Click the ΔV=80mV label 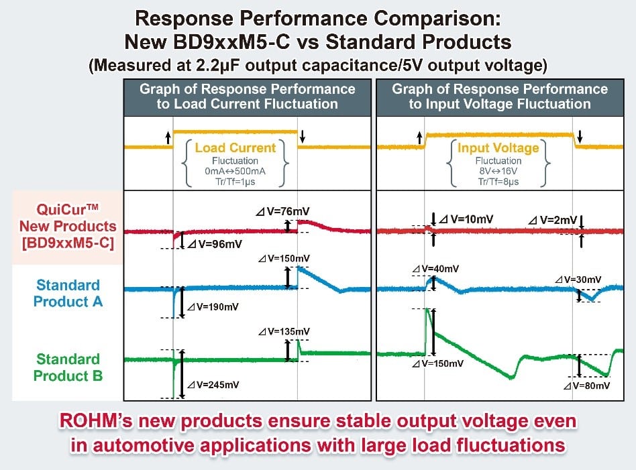tap(587, 386)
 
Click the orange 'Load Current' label tap(235, 148)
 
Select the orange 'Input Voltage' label tap(499, 148)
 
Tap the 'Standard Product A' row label tap(68, 293)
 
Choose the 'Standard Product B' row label tap(68, 367)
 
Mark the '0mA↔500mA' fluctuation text tap(235, 172)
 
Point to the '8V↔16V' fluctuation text tap(499, 172)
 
